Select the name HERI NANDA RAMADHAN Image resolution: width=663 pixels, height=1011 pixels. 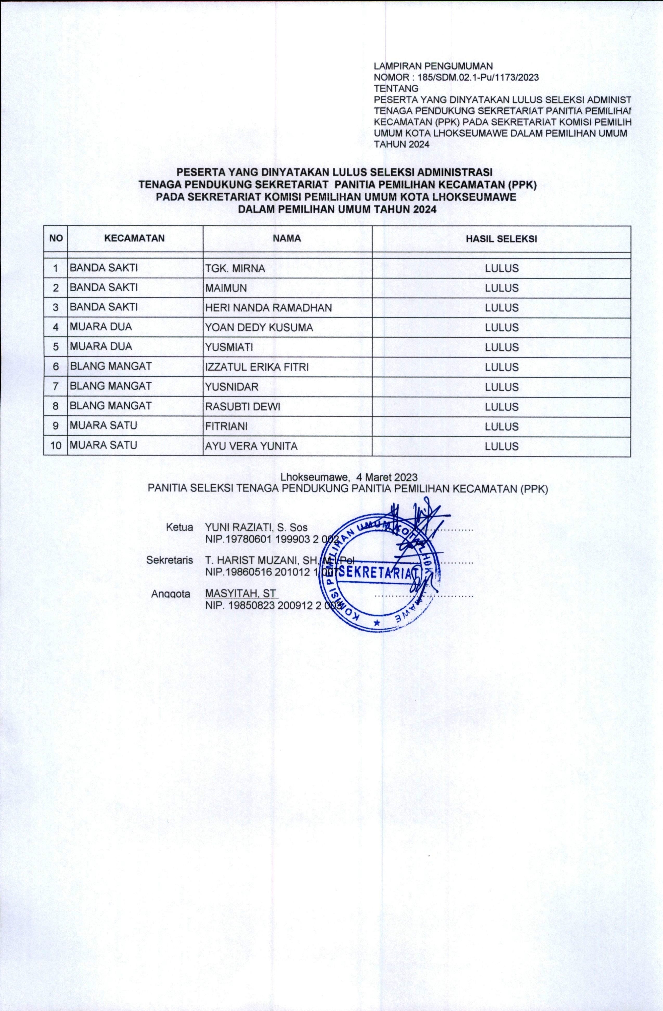click(x=268, y=308)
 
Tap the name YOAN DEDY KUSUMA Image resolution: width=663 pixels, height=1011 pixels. click(x=259, y=327)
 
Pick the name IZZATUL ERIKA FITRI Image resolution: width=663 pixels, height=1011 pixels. click(x=257, y=367)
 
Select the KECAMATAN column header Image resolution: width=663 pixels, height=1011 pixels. click(x=135, y=238)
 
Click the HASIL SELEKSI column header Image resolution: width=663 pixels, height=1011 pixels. click(x=501, y=239)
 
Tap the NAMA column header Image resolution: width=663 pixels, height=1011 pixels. click(x=287, y=238)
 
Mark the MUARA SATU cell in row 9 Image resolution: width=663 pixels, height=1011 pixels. click(x=103, y=425)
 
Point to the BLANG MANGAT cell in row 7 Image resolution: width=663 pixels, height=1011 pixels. click(x=110, y=386)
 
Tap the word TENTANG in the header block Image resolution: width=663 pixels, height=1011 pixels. click(x=395, y=88)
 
